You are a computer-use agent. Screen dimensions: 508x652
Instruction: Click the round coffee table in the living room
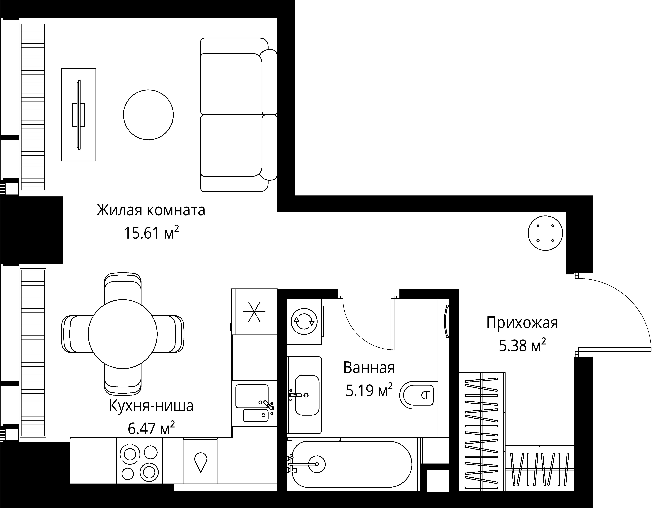point(148,115)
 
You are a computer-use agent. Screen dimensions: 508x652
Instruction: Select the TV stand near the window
point(79,115)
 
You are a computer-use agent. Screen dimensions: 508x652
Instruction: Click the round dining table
point(123,334)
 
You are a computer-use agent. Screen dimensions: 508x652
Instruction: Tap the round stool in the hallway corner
point(545,233)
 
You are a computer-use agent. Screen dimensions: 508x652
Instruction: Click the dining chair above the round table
point(123,287)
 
